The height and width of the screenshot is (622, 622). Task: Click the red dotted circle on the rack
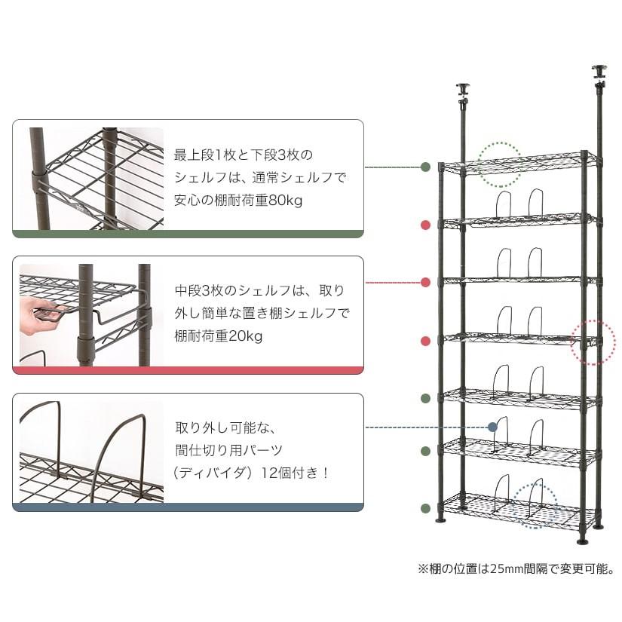pyautogui.click(x=593, y=342)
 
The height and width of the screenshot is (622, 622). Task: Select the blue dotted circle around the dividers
pyautogui.click(x=535, y=506)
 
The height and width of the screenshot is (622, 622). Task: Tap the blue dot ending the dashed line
pyautogui.click(x=492, y=427)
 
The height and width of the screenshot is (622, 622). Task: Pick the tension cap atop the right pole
pyautogui.click(x=599, y=72)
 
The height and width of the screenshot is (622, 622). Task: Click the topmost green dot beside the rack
pyautogui.click(x=425, y=167)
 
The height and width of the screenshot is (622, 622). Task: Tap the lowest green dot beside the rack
pyautogui.click(x=425, y=508)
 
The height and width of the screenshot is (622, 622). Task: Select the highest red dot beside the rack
pyautogui.click(x=425, y=225)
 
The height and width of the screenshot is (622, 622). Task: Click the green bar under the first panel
pyautogui.click(x=188, y=234)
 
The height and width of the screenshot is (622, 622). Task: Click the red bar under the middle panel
pyautogui.click(x=188, y=370)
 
